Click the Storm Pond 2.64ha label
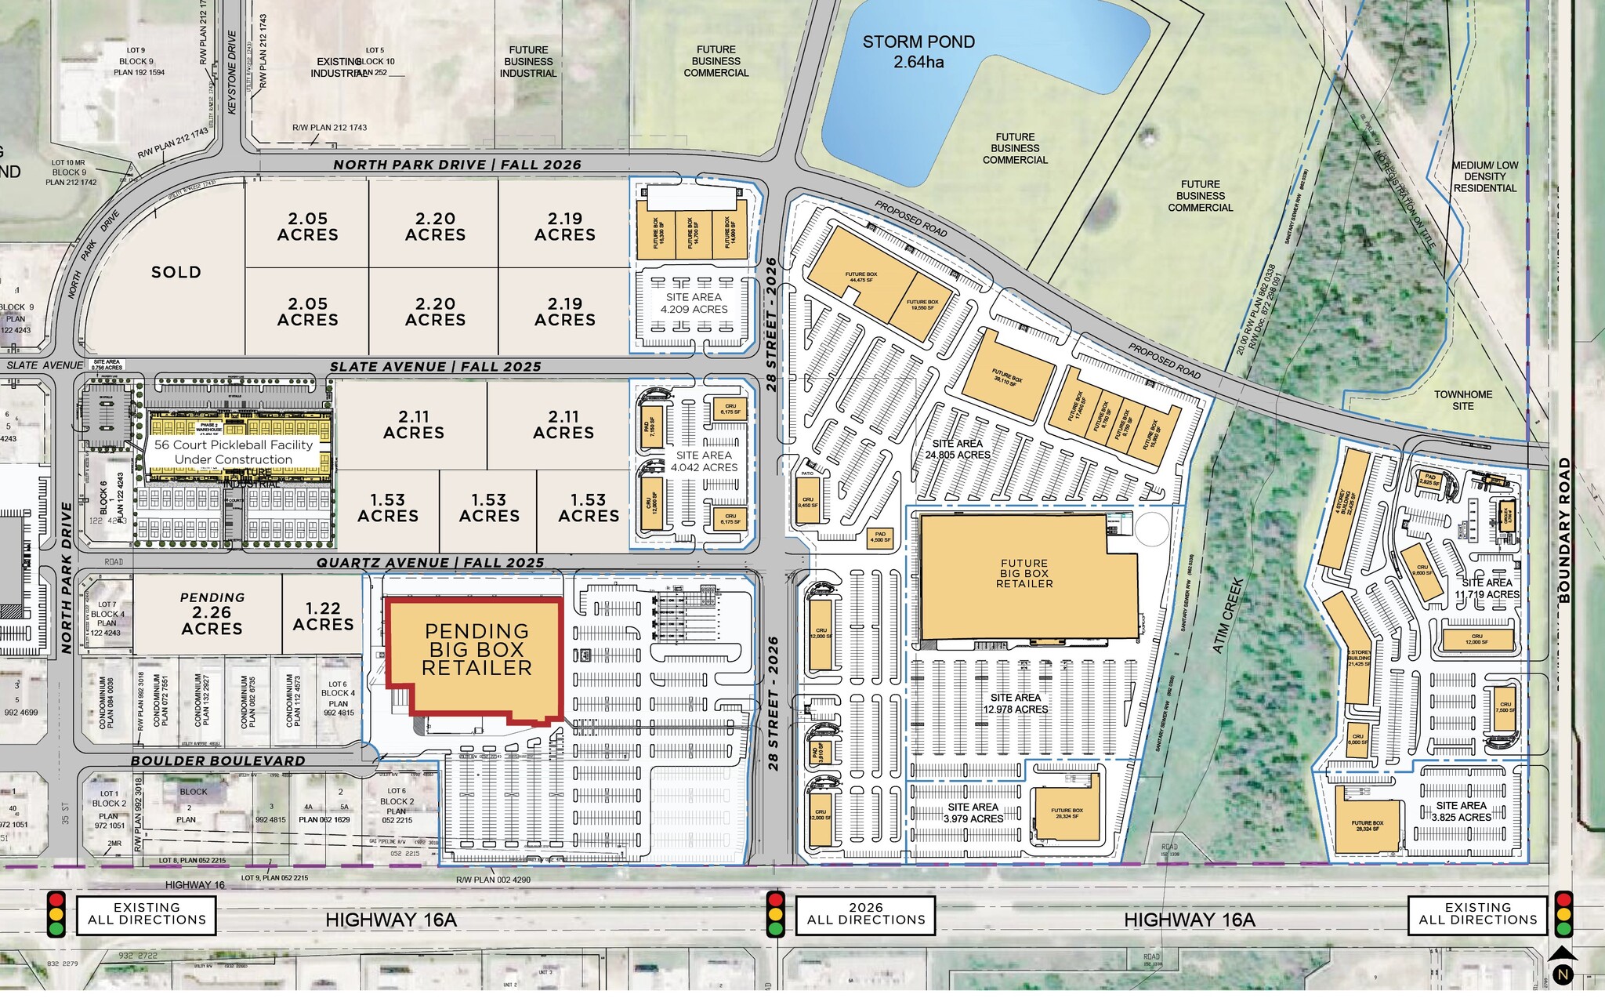tap(918, 52)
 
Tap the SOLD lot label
tap(176, 272)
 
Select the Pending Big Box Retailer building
tap(476, 650)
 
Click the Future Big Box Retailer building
tap(1024, 574)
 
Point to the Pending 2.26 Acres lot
tap(212, 613)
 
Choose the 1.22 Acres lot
tap(323, 616)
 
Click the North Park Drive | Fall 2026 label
tap(457, 165)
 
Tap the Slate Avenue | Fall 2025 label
tap(435, 367)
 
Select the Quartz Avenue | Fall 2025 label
tap(429, 563)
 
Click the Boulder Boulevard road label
tap(218, 760)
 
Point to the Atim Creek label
tap(1227, 615)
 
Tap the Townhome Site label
tap(1462, 400)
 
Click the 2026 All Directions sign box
tap(866, 913)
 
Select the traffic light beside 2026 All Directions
tap(776, 913)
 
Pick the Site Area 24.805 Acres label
tap(958, 449)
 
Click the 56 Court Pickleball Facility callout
tap(233, 452)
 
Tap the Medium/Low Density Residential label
tap(1484, 176)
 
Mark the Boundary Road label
tap(1564, 530)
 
